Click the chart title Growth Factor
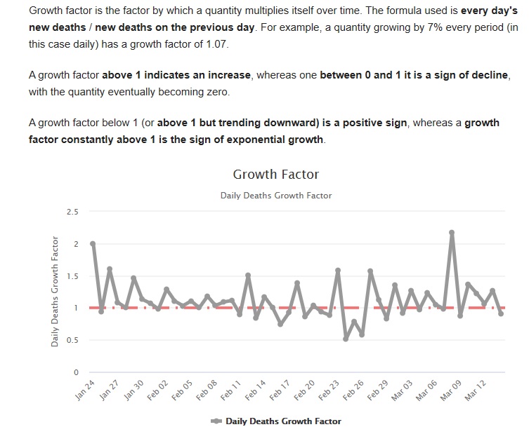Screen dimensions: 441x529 coord(275,174)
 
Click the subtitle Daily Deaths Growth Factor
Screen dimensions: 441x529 coord(275,196)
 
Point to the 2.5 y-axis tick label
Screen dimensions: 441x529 coord(72,212)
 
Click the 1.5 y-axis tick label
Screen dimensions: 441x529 coord(72,276)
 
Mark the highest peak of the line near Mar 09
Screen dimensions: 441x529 coord(452,232)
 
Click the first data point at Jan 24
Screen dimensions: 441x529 coord(93,244)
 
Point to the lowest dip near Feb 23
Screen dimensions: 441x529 coord(346,339)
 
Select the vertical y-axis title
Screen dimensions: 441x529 coord(55,292)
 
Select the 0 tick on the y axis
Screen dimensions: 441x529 coord(76,372)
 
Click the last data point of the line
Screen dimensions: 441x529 coord(501,313)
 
